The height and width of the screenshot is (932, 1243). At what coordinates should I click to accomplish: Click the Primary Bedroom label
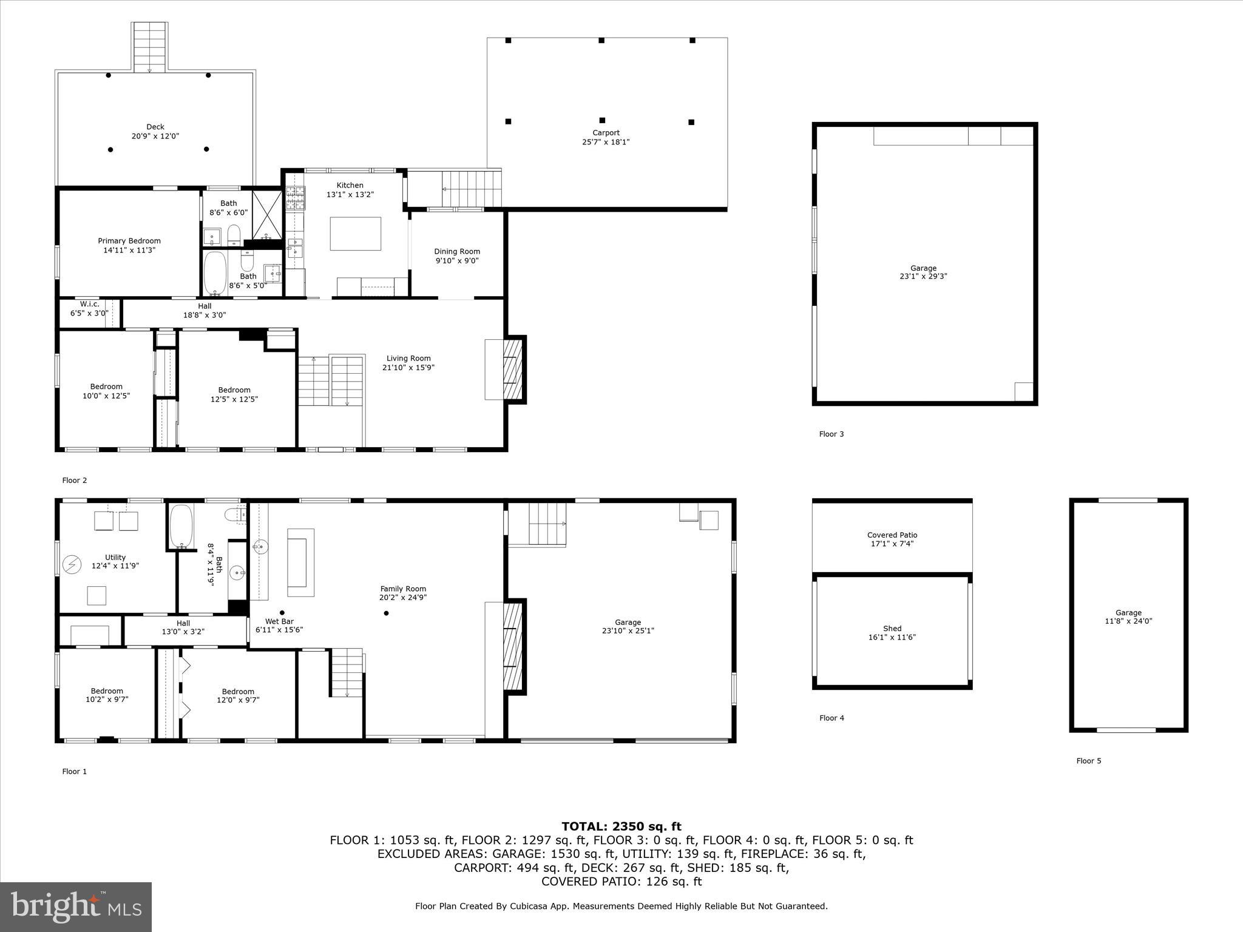129,241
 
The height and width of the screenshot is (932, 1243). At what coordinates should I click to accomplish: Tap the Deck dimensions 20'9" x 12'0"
155,137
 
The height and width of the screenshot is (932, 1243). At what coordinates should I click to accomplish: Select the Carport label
606,133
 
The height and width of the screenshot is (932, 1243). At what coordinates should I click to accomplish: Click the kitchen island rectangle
356,234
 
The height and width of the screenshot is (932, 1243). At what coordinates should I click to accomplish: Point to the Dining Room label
457,251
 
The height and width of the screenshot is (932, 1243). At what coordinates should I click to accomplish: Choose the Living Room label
408,358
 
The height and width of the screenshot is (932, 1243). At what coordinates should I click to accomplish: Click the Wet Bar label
279,621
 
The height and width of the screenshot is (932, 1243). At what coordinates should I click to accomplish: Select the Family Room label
403,589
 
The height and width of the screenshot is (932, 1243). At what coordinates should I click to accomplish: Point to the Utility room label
115,557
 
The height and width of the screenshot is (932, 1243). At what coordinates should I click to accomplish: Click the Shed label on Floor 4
892,629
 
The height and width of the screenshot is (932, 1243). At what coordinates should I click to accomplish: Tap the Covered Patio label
892,535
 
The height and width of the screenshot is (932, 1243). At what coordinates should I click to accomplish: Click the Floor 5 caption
1089,761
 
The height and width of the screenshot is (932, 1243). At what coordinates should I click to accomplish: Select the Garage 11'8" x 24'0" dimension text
1128,621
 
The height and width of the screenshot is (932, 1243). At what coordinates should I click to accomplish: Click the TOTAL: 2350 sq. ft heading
621,826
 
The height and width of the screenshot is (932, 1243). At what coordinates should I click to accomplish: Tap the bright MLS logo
76,907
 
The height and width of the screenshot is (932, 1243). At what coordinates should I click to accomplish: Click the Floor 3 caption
831,434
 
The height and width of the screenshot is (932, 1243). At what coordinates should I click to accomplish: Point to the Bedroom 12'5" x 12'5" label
234,390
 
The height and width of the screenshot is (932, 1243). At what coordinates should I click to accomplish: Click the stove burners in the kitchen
296,198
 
